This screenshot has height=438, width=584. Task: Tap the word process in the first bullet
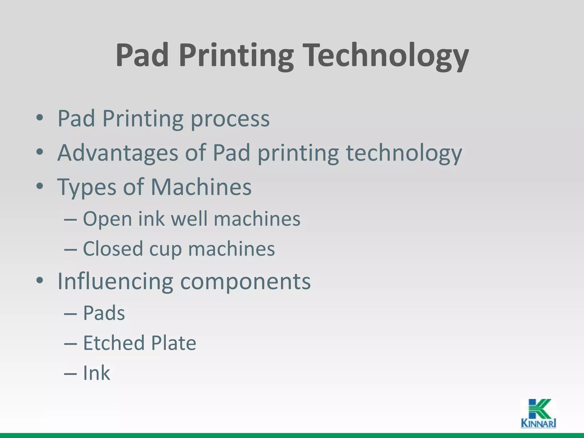point(230,119)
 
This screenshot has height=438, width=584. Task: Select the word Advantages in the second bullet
point(118,153)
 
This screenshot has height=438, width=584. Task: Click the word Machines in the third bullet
point(201,187)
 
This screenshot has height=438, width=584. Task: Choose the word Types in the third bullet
point(87,187)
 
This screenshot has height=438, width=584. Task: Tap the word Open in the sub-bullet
point(107,219)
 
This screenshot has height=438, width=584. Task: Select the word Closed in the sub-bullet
point(113,249)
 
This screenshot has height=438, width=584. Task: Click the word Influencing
point(115,281)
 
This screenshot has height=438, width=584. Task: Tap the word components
point(245,282)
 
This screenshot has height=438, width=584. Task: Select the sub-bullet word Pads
point(104,313)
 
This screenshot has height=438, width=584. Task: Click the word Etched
point(113,343)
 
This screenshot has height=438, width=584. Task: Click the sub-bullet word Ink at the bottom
point(96,373)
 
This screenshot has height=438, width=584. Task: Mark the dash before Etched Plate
point(70,343)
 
